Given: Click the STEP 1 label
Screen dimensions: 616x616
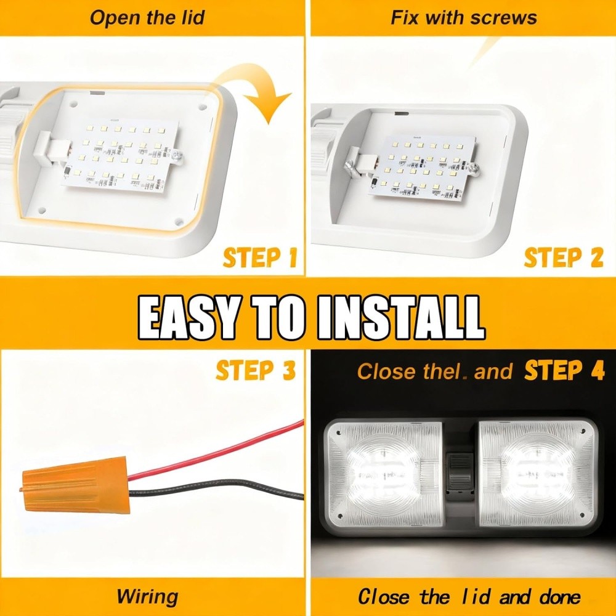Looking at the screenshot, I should click(x=259, y=258).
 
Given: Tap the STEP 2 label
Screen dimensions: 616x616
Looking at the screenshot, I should click(x=563, y=258).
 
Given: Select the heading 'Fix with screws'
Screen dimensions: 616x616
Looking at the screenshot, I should click(x=464, y=17).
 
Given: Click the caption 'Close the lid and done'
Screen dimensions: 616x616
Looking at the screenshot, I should click(x=469, y=596).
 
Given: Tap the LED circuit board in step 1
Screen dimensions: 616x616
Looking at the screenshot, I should click(x=123, y=154).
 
